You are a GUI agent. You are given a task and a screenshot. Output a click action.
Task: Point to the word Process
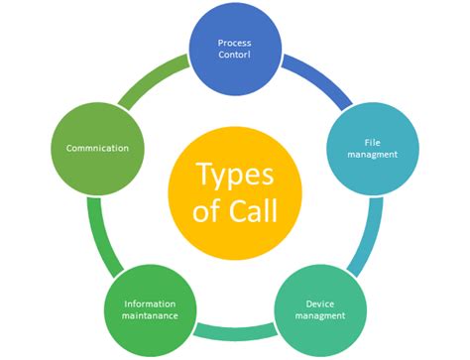(235, 43)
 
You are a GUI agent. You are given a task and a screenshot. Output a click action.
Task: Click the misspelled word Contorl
(235, 56)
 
